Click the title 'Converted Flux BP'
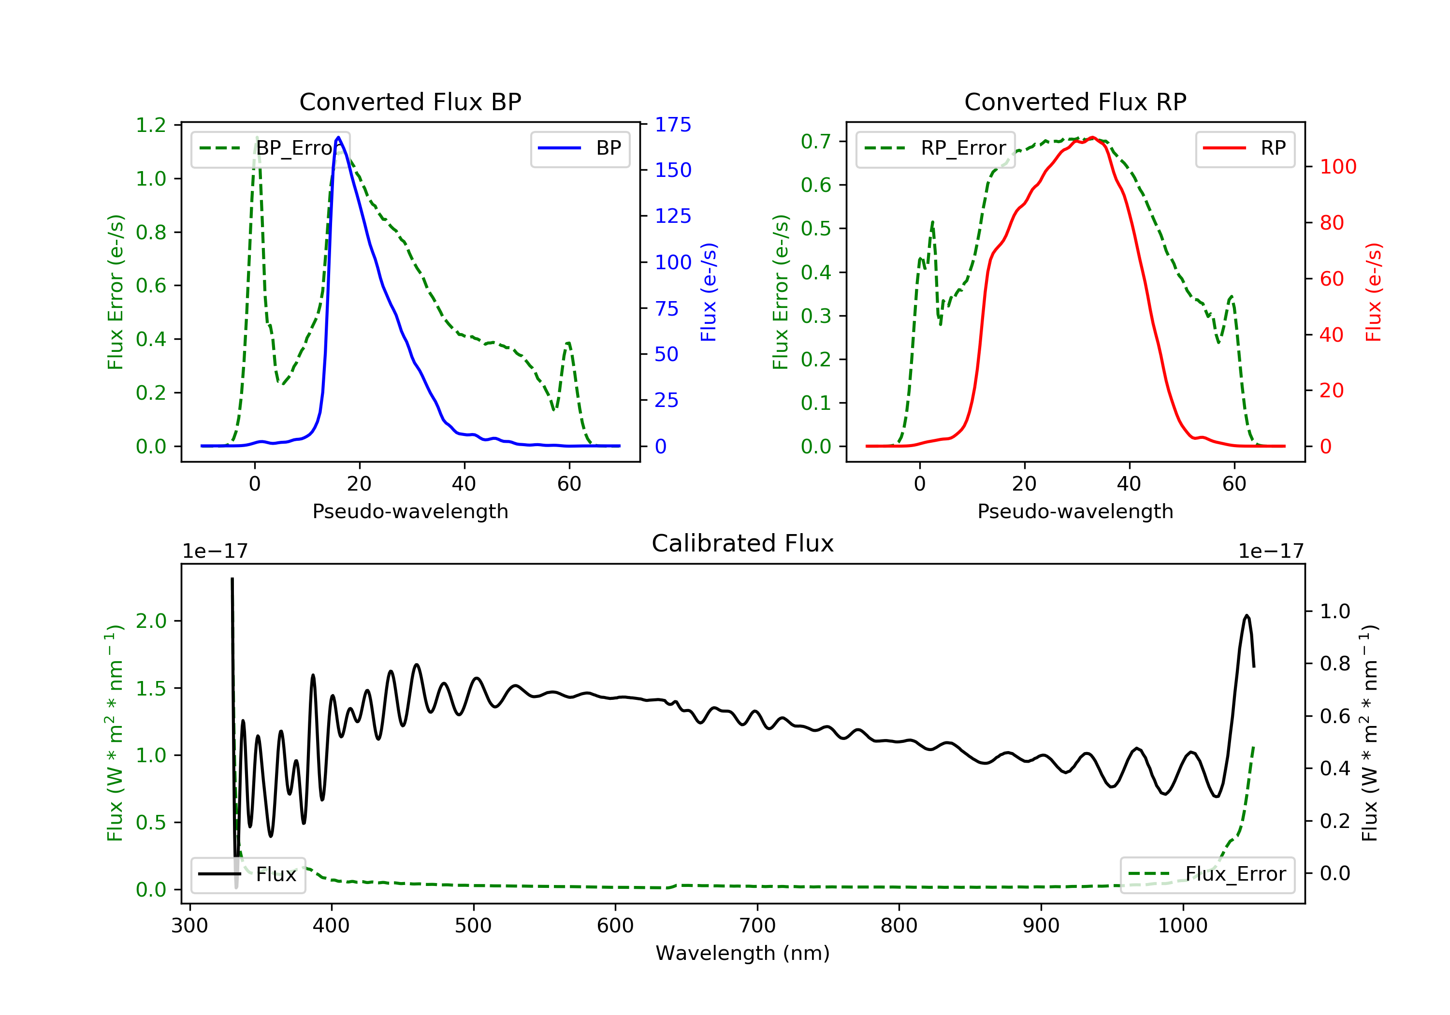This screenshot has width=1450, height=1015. [x=410, y=101]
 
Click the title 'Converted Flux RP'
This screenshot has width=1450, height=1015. [x=1075, y=101]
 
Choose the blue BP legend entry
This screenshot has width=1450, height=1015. [x=580, y=148]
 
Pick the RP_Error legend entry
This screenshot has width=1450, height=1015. [x=935, y=148]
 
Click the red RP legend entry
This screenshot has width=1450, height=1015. [x=1244, y=148]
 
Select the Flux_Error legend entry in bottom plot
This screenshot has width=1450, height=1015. [x=1207, y=874]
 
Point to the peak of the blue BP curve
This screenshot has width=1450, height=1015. [x=338, y=137]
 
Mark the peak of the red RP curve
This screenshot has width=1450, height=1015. [x=1092, y=138]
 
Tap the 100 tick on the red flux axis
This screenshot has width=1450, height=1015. [x=1337, y=167]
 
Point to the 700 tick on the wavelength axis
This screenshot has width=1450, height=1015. [x=757, y=926]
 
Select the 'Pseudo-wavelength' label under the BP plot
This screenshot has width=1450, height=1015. [x=410, y=511]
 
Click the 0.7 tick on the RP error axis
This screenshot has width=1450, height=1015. [x=815, y=142]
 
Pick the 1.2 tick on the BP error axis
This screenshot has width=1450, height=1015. [x=151, y=125]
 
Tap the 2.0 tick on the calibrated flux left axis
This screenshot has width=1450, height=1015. [x=151, y=621]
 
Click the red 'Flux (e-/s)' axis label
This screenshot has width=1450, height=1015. [x=1373, y=292]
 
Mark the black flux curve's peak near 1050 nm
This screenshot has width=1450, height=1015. [x=1246, y=615]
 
